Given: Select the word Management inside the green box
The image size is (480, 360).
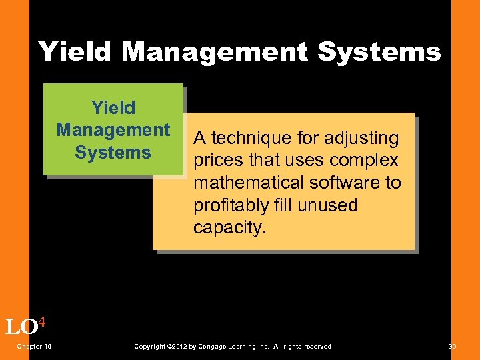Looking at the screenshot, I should pos(113,129).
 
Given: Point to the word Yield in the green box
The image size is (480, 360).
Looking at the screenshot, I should pos(113,107).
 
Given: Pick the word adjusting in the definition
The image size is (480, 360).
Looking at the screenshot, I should pos(361,139).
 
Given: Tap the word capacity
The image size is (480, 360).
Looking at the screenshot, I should pos(229,227).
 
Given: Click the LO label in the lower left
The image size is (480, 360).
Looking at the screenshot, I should pos(20,327).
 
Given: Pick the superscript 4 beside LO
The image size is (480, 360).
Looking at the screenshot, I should pos(41,322).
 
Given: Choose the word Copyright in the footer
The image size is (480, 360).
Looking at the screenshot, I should pos(150,347).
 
